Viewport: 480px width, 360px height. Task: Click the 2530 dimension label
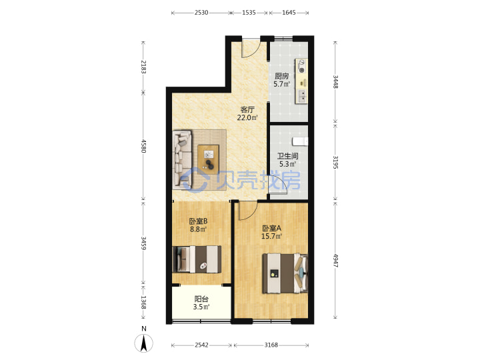point(201,13)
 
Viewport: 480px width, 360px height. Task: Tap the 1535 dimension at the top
point(249,13)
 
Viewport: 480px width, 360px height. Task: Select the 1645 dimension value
point(289,13)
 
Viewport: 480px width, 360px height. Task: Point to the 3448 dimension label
point(335,82)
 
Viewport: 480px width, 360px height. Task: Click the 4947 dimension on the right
point(335,261)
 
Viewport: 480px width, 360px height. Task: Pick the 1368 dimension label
point(143,302)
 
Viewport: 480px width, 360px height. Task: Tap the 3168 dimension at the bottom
point(271,345)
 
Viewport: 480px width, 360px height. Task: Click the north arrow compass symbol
point(143,343)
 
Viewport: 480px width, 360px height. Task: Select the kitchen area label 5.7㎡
point(281,84)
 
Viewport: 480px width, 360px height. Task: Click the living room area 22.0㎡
point(247,117)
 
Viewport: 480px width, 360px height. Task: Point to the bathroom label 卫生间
point(288,156)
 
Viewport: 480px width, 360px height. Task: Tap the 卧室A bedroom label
point(271,229)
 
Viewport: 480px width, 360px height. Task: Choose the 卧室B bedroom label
point(199,221)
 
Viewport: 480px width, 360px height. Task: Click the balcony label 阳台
point(201,299)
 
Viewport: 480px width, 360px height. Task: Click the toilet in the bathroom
point(300,141)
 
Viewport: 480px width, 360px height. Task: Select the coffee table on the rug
point(208,159)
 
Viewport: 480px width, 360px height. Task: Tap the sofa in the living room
point(182,159)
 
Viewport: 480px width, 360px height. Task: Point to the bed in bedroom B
point(197,259)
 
